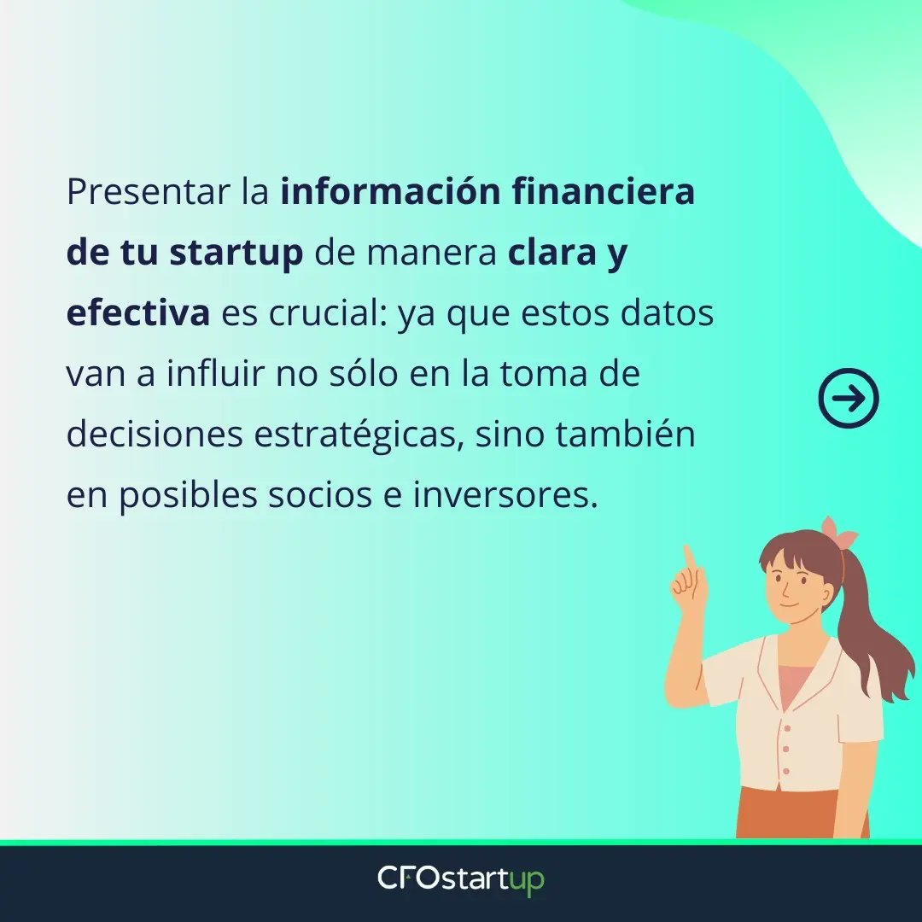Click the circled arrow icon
(848, 398)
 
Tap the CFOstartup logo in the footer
(461, 879)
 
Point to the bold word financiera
(604, 193)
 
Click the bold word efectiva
(137, 313)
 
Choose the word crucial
(329, 314)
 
